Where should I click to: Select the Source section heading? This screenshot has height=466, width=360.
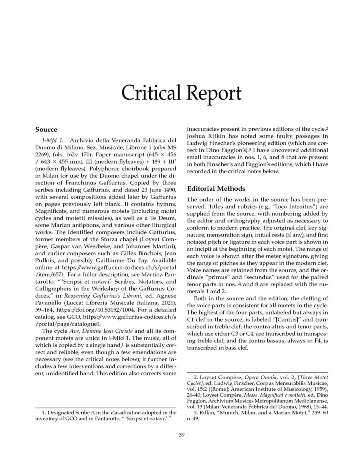(46, 130)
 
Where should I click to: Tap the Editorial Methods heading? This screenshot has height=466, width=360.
(216, 188)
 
